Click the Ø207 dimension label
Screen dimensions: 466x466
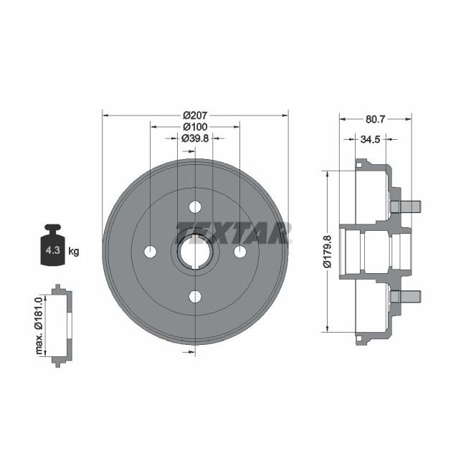(x=195, y=115)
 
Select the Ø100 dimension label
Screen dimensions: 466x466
(x=195, y=127)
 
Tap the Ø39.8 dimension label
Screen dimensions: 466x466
(x=195, y=139)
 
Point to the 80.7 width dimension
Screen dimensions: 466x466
(x=375, y=120)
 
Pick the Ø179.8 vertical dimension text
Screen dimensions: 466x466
(x=327, y=252)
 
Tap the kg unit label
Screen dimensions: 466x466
(x=75, y=252)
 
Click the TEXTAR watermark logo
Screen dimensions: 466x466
(x=233, y=232)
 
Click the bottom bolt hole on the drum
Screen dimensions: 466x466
(x=195, y=295)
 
